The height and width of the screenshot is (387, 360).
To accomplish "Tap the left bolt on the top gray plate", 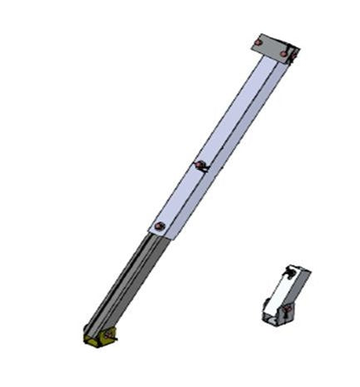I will click(x=259, y=42).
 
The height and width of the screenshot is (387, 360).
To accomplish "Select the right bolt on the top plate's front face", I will click(x=283, y=54).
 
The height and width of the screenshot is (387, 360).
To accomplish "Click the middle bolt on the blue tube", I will click(x=199, y=164).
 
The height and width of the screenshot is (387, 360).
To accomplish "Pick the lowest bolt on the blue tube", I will click(x=160, y=225).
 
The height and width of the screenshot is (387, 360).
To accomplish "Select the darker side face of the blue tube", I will click(x=233, y=154).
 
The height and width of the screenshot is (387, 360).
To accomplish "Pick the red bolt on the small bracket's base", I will click(x=285, y=312).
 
